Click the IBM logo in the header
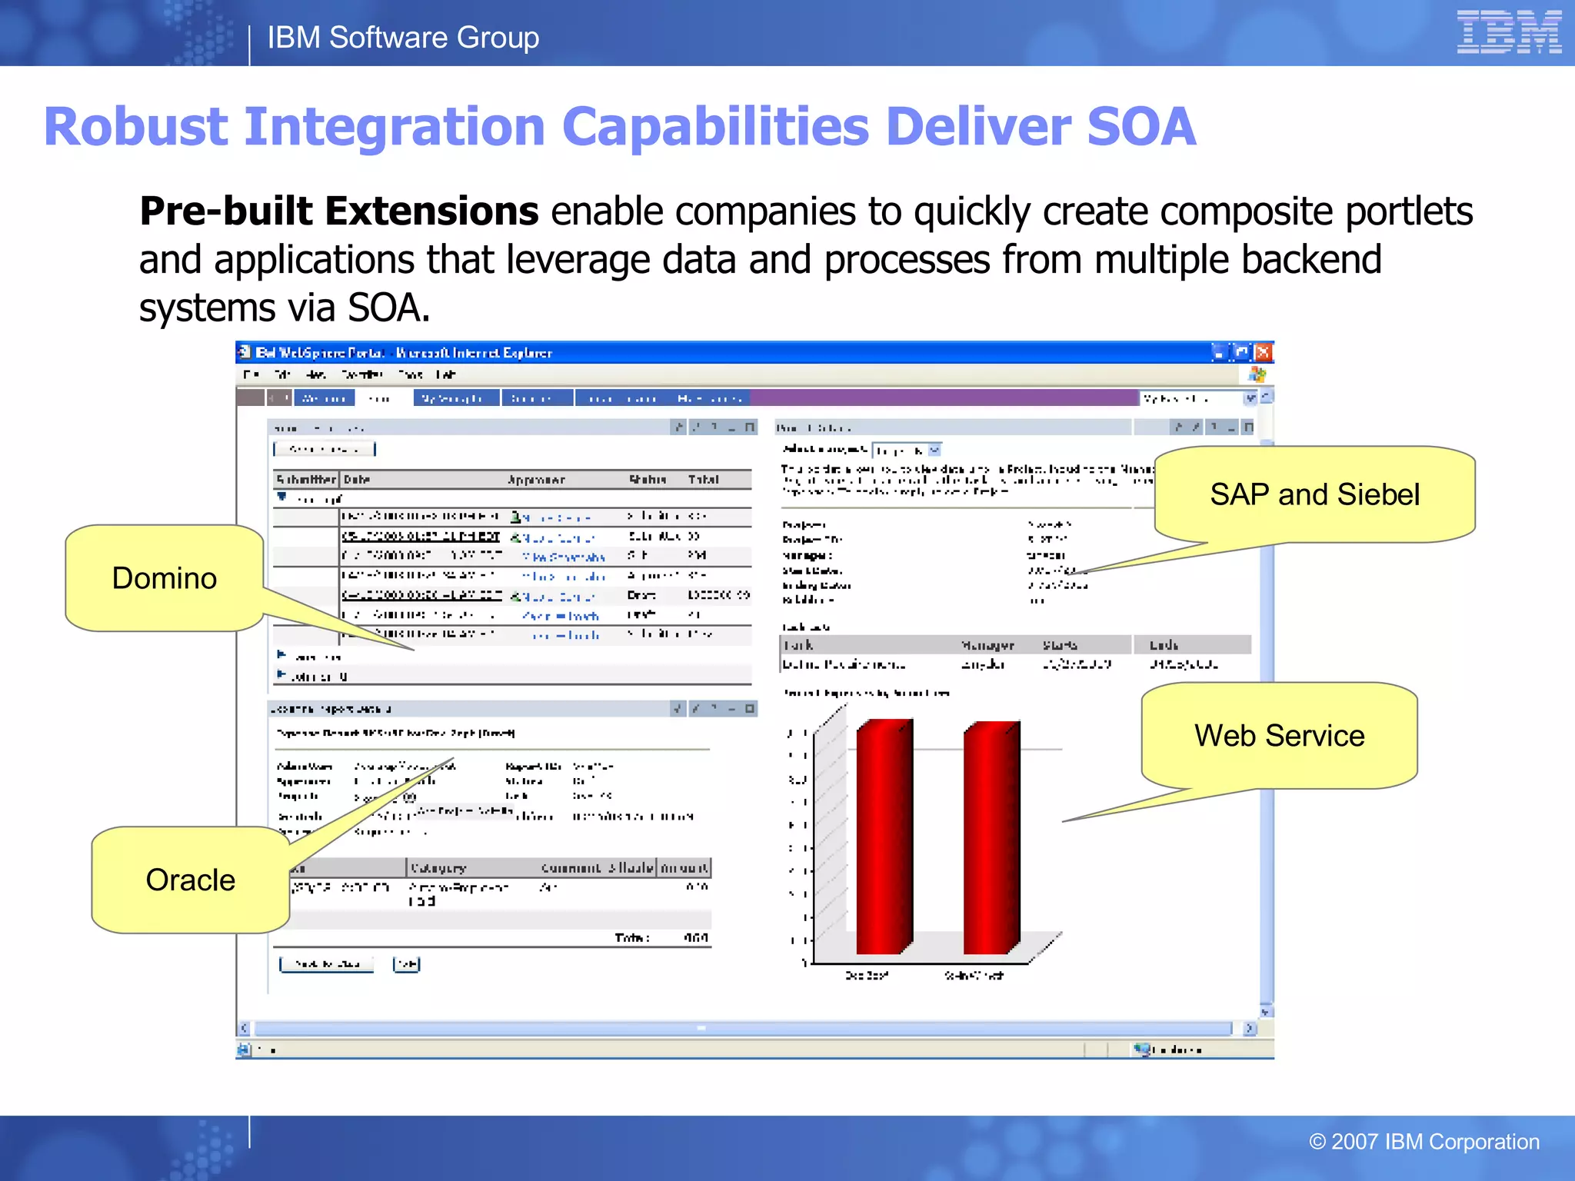(x=1508, y=32)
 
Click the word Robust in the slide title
(x=135, y=127)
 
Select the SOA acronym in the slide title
(x=1141, y=127)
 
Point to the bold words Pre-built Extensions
(x=338, y=211)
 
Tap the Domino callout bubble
(x=164, y=578)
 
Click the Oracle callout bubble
(x=190, y=880)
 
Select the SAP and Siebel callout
(x=1314, y=494)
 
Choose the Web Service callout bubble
(x=1279, y=736)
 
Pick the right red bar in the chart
(x=991, y=838)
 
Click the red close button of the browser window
(x=1263, y=353)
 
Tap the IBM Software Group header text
(x=403, y=38)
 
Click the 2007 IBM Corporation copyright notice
(x=1423, y=1142)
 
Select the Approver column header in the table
(x=536, y=480)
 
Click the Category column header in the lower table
(x=438, y=868)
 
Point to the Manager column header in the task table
(x=987, y=645)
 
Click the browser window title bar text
(x=404, y=353)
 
